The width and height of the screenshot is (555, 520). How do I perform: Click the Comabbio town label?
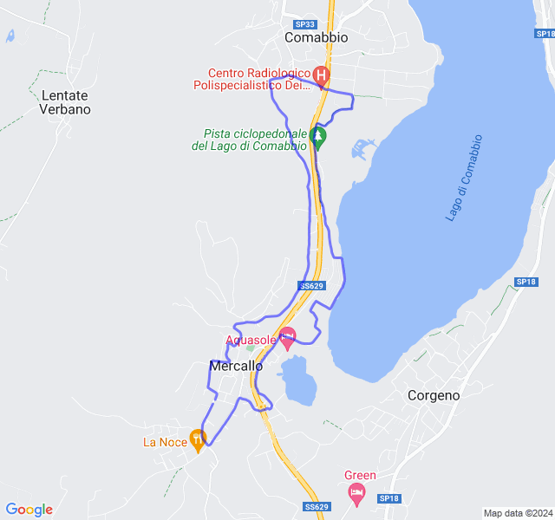[317, 38]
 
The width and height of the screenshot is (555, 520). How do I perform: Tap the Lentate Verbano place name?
[65, 102]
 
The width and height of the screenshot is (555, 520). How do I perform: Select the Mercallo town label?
[236, 366]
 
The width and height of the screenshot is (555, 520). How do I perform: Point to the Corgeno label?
[434, 395]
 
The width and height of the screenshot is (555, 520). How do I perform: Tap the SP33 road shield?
[304, 25]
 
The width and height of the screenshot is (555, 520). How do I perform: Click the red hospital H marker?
[321, 75]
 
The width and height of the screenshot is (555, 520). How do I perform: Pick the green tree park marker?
[318, 137]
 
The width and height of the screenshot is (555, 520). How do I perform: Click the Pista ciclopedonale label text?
[250, 140]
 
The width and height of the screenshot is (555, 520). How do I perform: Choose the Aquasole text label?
[251, 340]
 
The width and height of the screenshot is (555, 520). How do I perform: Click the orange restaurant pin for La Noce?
[198, 439]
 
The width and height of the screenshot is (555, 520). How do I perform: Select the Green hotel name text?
[360, 475]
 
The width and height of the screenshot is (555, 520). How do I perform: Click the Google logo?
[29, 510]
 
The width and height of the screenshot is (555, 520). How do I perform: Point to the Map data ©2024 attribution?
[518, 513]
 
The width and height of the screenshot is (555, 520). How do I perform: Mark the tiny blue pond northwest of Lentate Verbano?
[10, 36]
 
